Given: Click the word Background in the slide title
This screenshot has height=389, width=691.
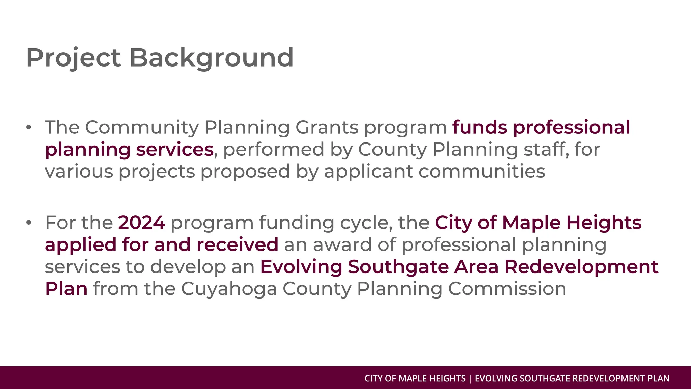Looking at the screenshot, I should pyautogui.click(x=211, y=58).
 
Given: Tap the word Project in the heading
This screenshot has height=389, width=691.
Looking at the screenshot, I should pyautogui.click(x=73, y=58).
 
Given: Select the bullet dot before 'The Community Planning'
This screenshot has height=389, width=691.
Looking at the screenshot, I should pyautogui.click(x=29, y=127).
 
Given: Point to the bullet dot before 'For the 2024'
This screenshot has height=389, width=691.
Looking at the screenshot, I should pyautogui.click(x=29, y=223).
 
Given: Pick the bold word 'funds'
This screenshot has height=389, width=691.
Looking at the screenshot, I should pyautogui.click(x=479, y=127).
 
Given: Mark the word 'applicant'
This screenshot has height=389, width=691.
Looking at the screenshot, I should pyautogui.click(x=368, y=171).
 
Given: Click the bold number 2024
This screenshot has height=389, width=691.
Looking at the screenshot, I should pyautogui.click(x=142, y=223).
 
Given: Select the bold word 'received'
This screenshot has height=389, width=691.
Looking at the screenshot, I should pyautogui.click(x=237, y=244).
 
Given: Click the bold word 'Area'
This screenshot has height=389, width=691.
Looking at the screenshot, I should pyautogui.click(x=476, y=266).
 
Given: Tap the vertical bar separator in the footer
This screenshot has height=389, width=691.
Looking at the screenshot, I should pyautogui.click(x=470, y=379).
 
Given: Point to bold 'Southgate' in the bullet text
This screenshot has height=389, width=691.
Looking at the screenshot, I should pyautogui.click(x=398, y=266).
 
